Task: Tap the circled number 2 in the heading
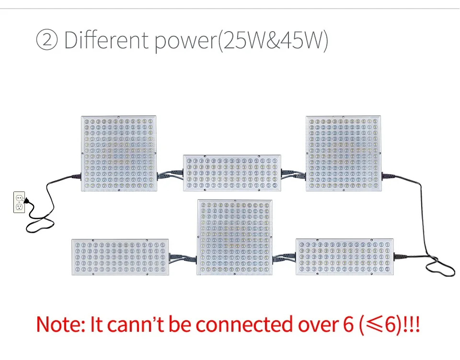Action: coord(46,41)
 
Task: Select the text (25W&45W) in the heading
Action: coord(273,41)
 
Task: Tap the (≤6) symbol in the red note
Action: coord(378,325)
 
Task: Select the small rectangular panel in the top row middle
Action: coord(232,173)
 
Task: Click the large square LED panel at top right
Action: coord(344,153)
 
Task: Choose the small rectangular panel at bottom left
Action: coord(120,257)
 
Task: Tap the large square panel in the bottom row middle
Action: coord(235,237)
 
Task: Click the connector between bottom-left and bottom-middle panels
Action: coord(183,259)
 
